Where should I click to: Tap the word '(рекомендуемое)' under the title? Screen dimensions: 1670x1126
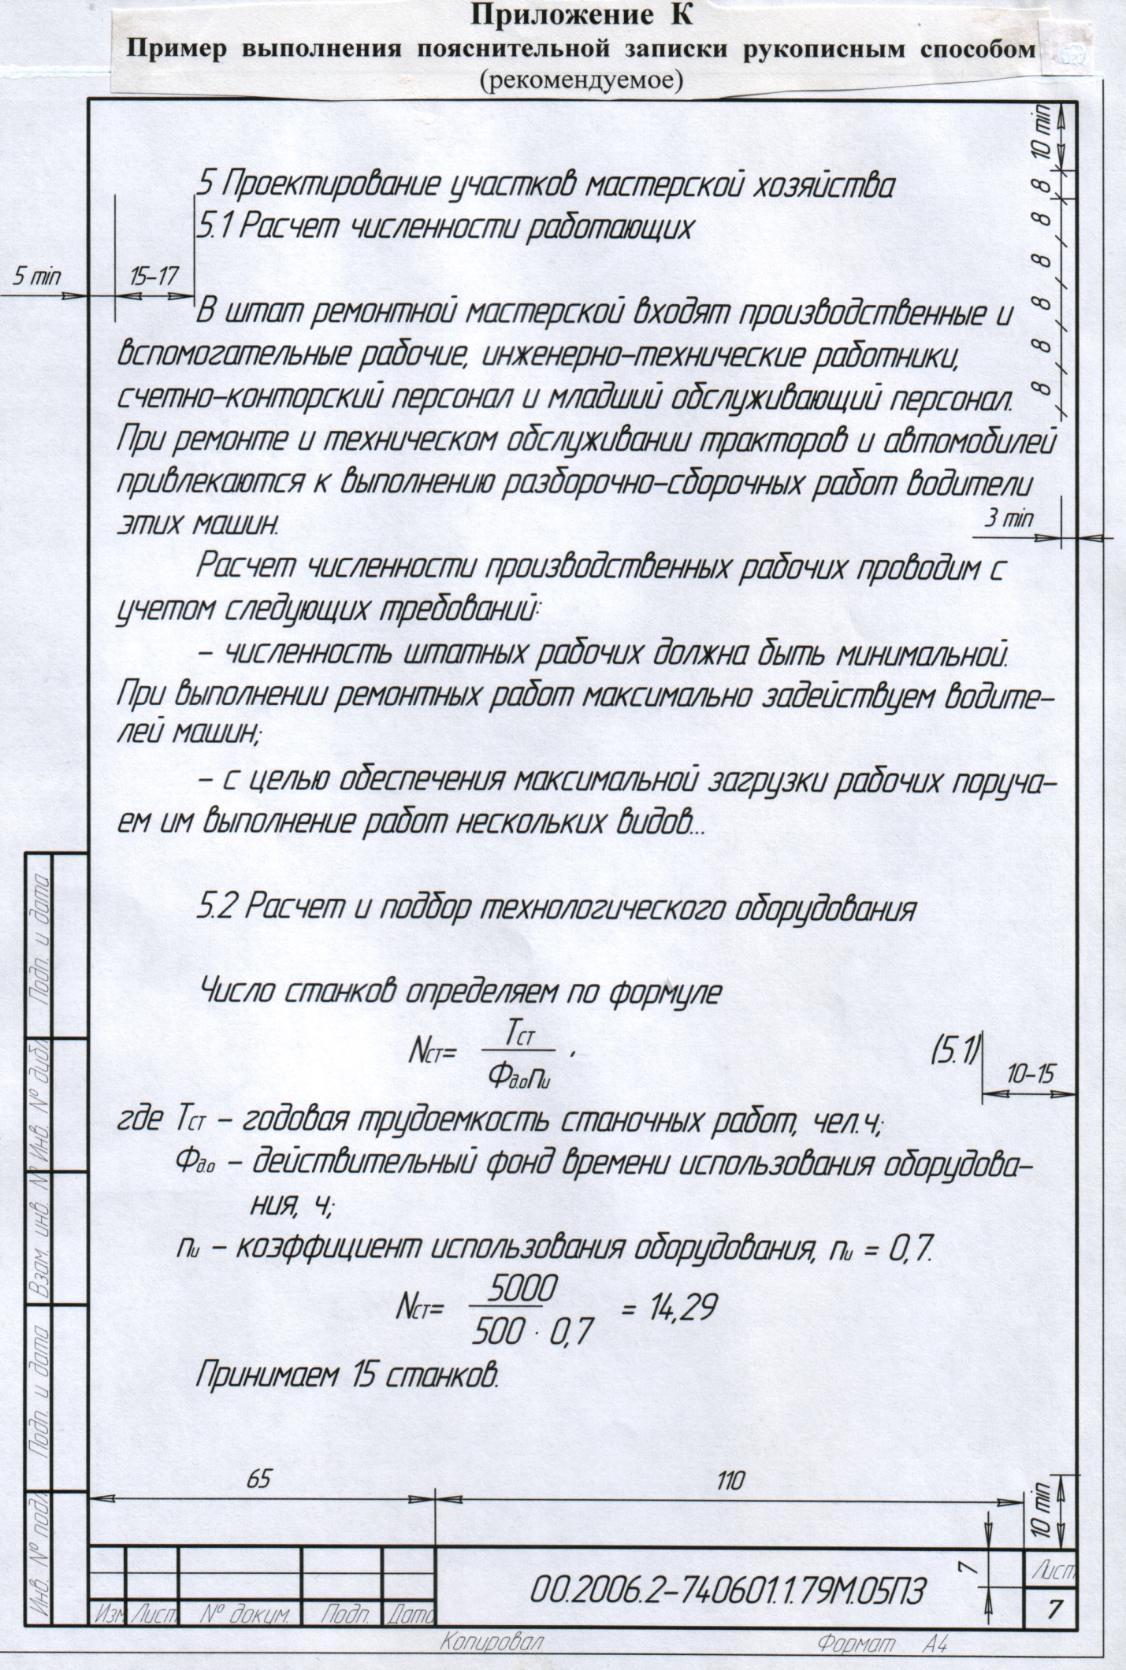[580, 80]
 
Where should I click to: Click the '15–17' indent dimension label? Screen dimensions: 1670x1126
[154, 276]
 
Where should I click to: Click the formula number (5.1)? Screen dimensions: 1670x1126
[955, 1052]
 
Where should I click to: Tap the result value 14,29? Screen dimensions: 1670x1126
[669, 1309]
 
